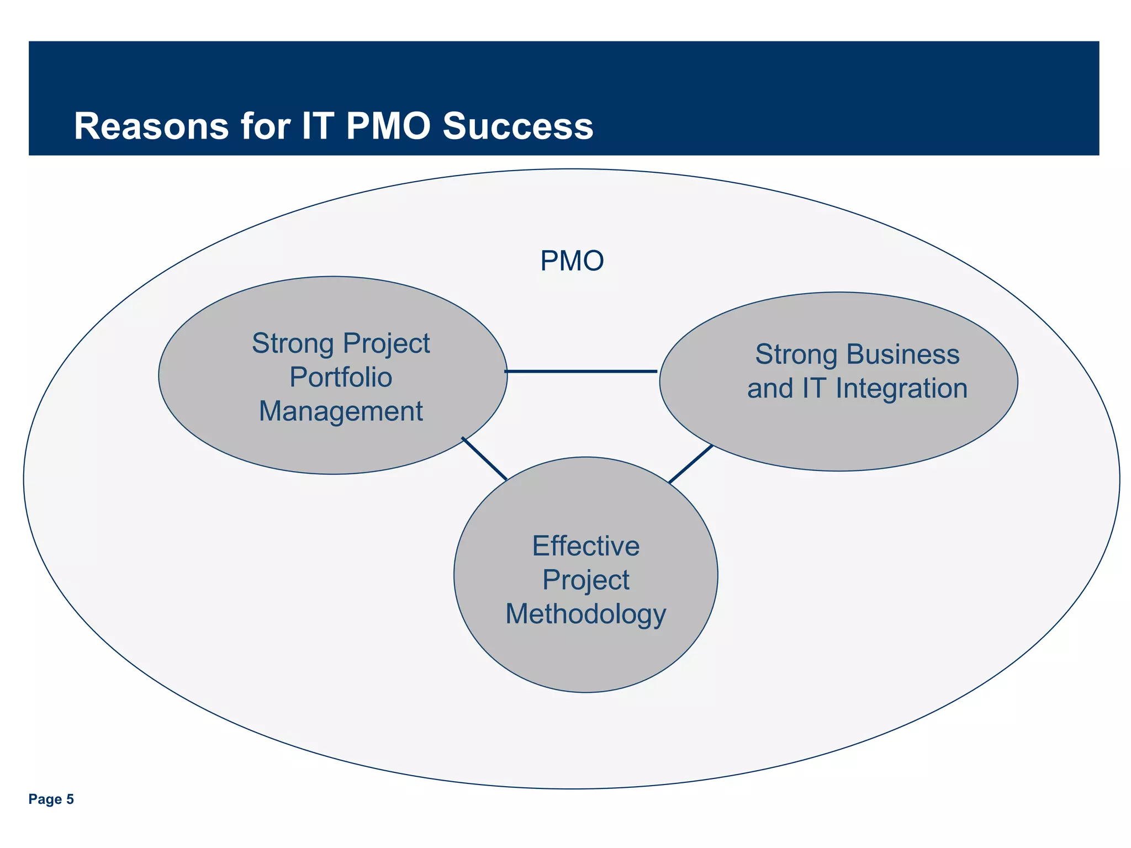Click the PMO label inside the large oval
click(572, 261)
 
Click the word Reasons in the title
click(151, 126)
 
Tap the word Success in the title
click(517, 126)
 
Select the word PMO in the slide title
click(388, 126)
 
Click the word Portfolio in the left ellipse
click(341, 378)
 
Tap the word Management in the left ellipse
click(341, 411)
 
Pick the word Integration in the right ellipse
click(901, 388)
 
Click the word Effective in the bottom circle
click(585, 546)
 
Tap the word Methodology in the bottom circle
click(585, 614)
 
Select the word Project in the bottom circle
click(585, 580)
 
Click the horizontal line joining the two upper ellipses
click(582, 372)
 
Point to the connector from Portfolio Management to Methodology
click(484, 459)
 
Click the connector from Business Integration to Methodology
click(691, 464)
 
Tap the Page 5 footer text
click(51, 799)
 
